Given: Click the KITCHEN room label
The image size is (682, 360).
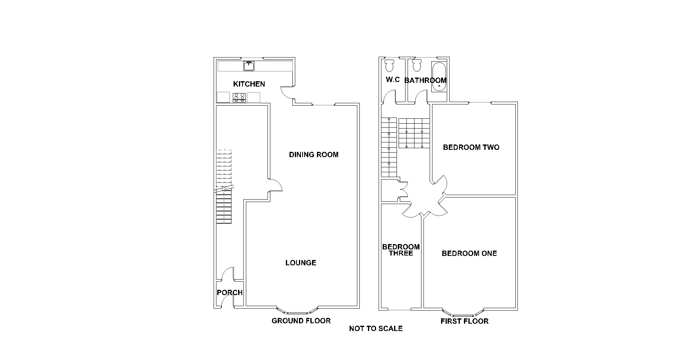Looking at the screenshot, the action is pyautogui.click(x=249, y=84).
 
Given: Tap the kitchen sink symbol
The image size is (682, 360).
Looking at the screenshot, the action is pyautogui.click(x=249, y=66).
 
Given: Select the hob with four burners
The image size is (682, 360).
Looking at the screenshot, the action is pyautogui.click(x=239, y=97).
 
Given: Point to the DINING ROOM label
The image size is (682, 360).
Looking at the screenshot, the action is pyautogui.click(x=314, y=155).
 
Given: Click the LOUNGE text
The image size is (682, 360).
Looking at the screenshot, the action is pyautogui.click(x=301, y=263).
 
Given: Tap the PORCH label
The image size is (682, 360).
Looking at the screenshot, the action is pyautogui.click(x=230, y=293).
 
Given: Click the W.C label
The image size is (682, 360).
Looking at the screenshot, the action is pyautogui.click(x=392, y=80).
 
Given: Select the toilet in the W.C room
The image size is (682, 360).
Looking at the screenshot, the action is pyautogui.click(x=389, y=65).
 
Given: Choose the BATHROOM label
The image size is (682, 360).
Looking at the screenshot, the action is pyautogui.click(x=425, y=80).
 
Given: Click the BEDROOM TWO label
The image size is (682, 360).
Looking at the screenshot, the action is pyautogui.click(x=471, y=147).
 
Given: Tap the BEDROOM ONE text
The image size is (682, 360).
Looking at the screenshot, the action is pyautogui.click(x=469, y=253).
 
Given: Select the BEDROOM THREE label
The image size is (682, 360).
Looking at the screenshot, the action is pyautogui.click(x=401, y=250).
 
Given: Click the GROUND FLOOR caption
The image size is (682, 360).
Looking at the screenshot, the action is pyautogui.click(x=301, y=321).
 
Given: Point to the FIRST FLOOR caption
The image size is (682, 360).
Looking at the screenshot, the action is pyautogui.click(x=464, y=321).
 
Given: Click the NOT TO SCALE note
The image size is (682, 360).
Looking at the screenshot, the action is pyautogui.click(x=376, y=329).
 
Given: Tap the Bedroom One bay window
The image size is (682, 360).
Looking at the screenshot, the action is pyautogui.click(x=464, y=313).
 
